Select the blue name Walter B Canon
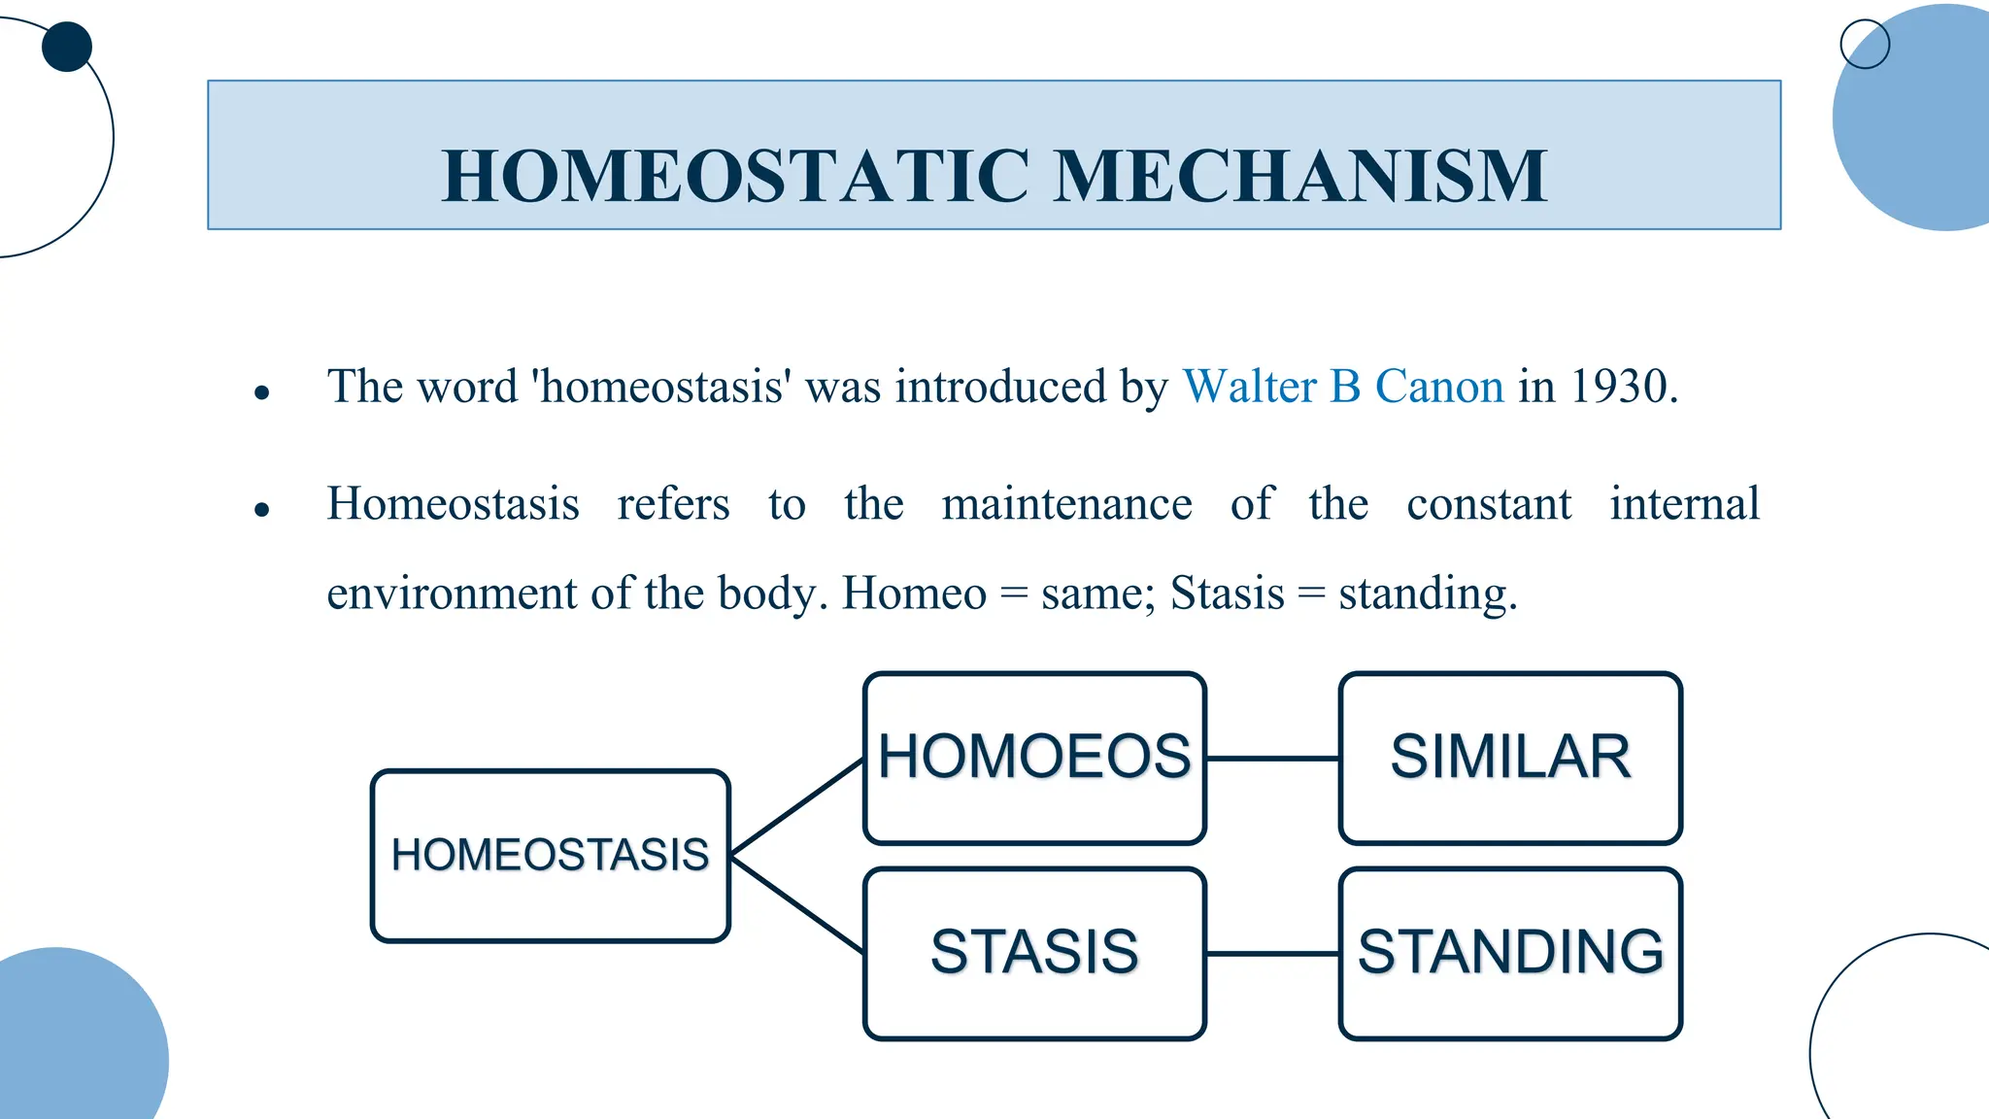(1343, 387)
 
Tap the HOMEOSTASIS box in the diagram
(550, 856)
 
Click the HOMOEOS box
(1034, 758)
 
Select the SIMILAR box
(1510, 758)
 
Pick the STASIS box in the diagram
(1034, 953)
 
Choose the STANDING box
(1510, 953)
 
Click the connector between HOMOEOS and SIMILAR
(1272, 759)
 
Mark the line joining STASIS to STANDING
(1272, 954)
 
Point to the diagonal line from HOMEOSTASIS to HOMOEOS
(796, 807)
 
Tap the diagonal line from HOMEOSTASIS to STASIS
(796, 903)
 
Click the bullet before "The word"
(261, 392)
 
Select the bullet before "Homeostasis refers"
(261, 509)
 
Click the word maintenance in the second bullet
(1066, 504)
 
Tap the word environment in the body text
(453, 593)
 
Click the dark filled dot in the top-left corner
(67, 47)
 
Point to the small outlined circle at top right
(1865, 44)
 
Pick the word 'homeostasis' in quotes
(660, 387)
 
